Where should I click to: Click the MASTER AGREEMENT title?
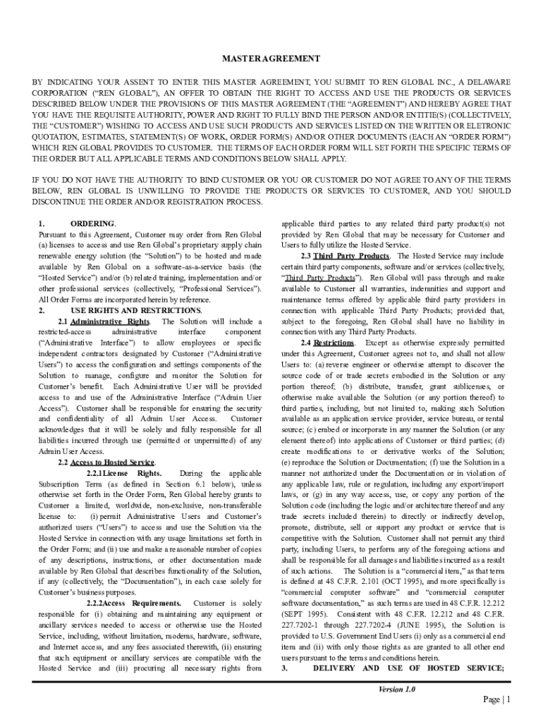(271, 59)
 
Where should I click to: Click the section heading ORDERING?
(93, 224)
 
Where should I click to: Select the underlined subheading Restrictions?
(334, 343)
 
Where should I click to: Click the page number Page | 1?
(496, 699)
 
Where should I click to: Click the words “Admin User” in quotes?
(236, 397)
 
